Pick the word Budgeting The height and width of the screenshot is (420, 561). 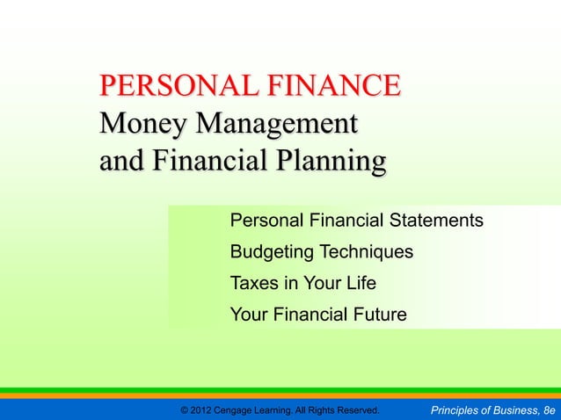point(268,252)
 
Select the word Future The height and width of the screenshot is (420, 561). point(379,314)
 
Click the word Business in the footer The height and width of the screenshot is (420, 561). point(515,410)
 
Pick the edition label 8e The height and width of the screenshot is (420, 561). point(550,410)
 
